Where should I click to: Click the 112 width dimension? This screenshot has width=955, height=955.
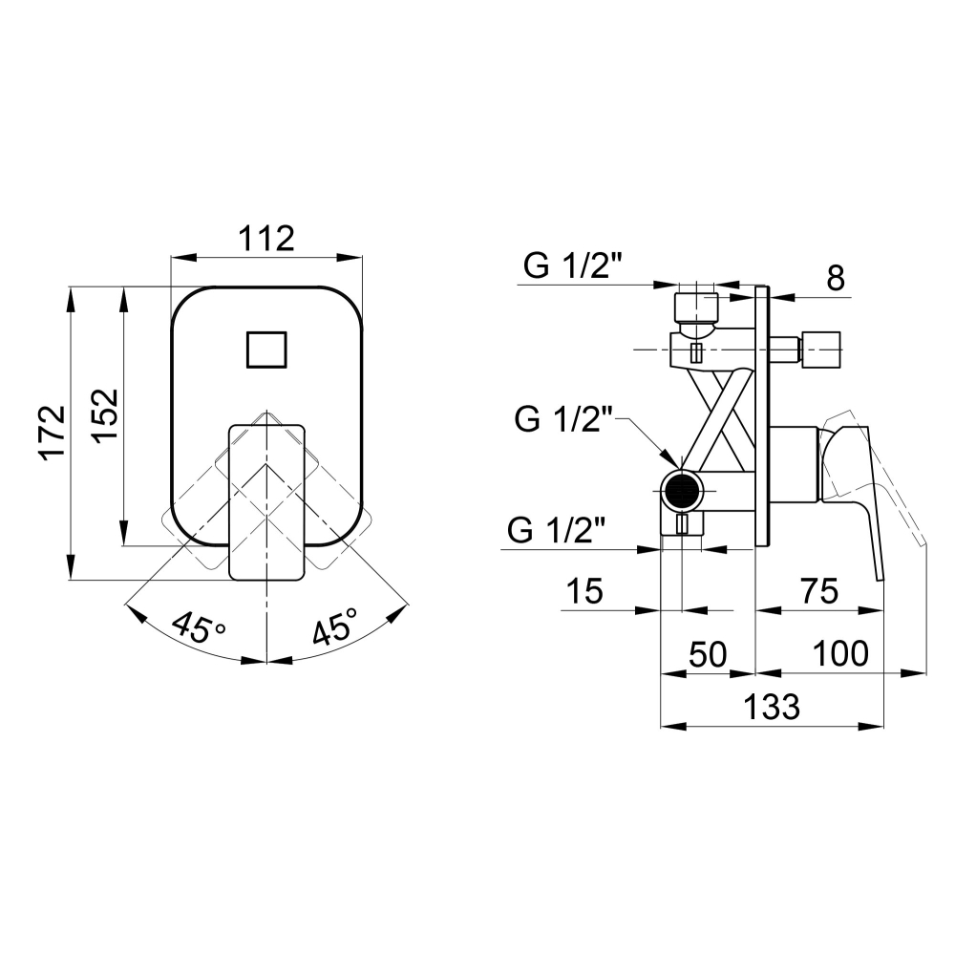266,238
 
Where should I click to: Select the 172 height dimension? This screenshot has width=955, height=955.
53,432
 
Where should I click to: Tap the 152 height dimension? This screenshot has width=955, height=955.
105,416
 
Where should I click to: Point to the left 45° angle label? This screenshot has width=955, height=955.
198,626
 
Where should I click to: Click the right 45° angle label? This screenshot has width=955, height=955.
335,626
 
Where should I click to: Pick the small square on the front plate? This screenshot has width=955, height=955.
266,350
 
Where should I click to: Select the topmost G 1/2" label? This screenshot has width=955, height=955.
572,265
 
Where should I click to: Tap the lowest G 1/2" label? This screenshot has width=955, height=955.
557,530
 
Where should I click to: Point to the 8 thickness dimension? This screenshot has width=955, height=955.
836,278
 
